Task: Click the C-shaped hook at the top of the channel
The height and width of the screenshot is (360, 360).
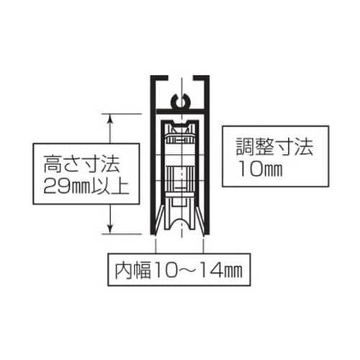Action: pos(181,101)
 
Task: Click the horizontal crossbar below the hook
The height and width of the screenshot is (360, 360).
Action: pos(181,110)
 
